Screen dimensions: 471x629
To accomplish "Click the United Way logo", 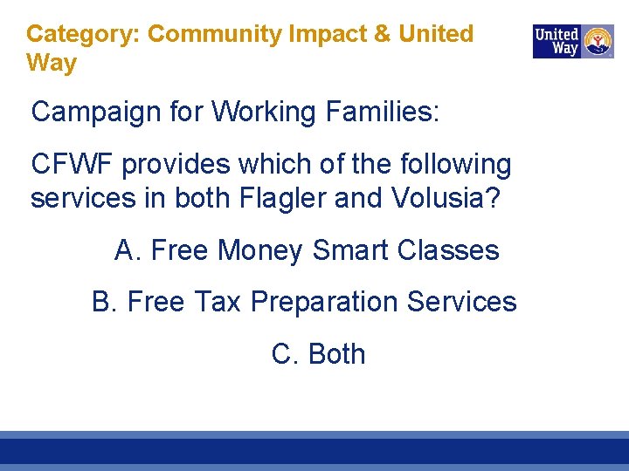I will pos(573,41).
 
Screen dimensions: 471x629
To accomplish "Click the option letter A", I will pos(127,251).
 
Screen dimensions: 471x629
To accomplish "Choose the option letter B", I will pos(103,302).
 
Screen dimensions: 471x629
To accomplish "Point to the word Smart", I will pos(350,251).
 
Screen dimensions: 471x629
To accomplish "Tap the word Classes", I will pos(447,251).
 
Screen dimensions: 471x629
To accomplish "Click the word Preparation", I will pos(328,303).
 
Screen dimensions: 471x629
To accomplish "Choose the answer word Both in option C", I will pos(336,354).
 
